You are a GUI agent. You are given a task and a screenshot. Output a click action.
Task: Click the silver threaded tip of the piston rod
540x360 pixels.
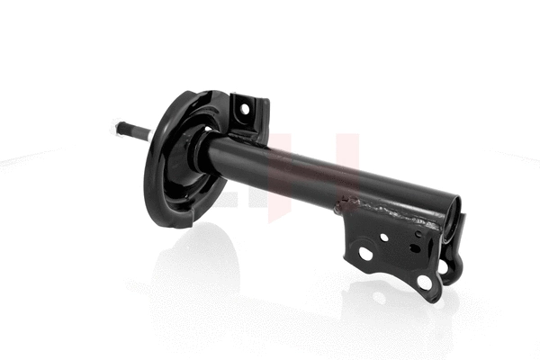120,127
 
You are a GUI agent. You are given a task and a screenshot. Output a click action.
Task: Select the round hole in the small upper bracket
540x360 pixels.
240,110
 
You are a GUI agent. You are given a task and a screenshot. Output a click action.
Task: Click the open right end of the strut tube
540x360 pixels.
454,220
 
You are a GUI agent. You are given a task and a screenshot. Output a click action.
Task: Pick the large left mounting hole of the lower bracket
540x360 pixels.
365,255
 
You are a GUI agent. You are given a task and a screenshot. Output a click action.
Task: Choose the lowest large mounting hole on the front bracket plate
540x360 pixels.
424,283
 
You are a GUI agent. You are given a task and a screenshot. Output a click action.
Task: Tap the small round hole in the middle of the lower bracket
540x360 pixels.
384,238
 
